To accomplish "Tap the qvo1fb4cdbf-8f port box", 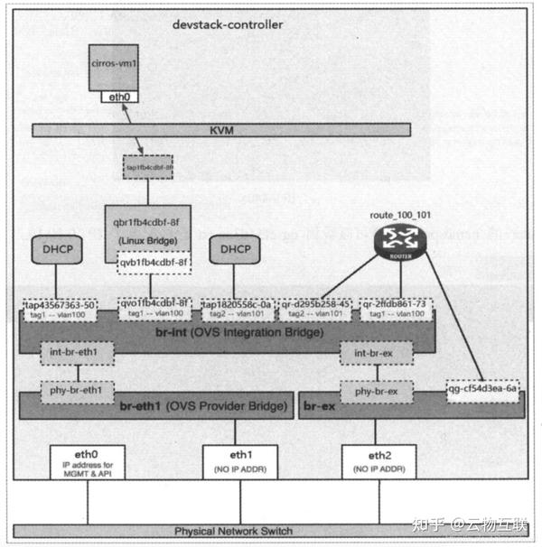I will pyautogui.click(x=153, y=308).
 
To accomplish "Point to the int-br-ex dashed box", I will pyautogui.click(x=372, y=350).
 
